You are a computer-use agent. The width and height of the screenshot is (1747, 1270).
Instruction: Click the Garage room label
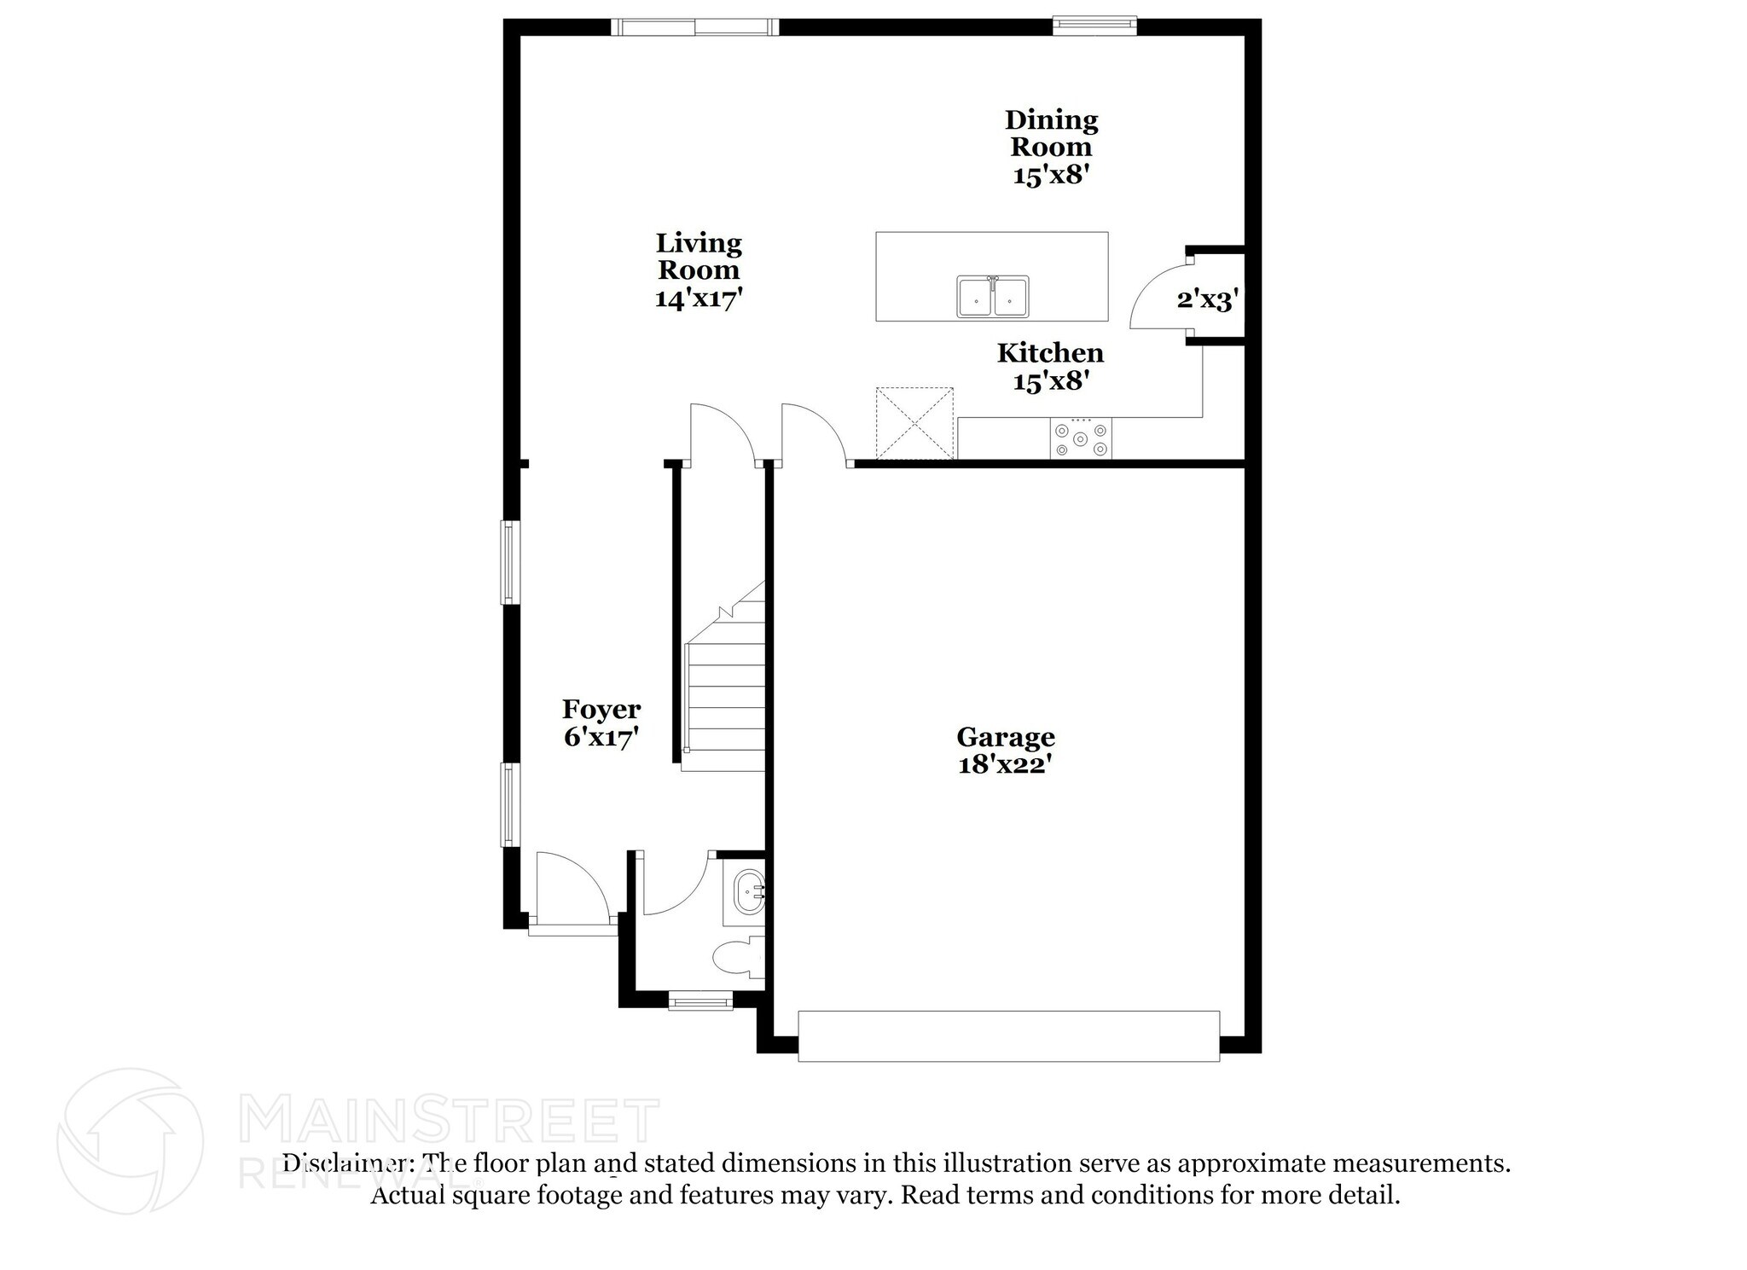[1005, 737]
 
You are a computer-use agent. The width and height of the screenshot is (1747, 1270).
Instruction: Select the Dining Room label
[1051, 134]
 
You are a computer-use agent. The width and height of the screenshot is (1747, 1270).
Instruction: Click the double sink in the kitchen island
[992, 296]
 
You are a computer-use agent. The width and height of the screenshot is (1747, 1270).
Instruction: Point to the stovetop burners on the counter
[1081, 439]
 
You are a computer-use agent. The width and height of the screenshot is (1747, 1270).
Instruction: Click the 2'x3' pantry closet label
[1208, 299]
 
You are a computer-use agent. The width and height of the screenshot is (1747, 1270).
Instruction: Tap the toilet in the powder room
[739, 958]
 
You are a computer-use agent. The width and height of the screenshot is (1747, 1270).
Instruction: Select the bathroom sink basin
[749, 892]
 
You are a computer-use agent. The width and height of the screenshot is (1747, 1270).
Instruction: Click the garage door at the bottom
[1008, 1035]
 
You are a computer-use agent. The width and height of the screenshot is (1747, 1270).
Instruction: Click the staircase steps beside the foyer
[725, 699]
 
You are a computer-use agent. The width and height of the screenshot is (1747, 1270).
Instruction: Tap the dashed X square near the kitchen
[914, 423]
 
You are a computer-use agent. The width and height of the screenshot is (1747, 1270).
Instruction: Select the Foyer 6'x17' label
[601, 722]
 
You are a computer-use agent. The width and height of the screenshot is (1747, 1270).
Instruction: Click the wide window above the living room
[695, 27]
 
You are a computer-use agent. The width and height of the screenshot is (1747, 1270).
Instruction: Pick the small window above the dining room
[1094, 26]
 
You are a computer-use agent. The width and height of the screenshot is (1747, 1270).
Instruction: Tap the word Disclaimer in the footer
[343, 1163]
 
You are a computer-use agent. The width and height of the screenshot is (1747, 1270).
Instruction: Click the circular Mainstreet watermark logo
[131, 1140]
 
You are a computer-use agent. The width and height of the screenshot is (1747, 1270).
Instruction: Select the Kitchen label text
[1050, 352]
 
